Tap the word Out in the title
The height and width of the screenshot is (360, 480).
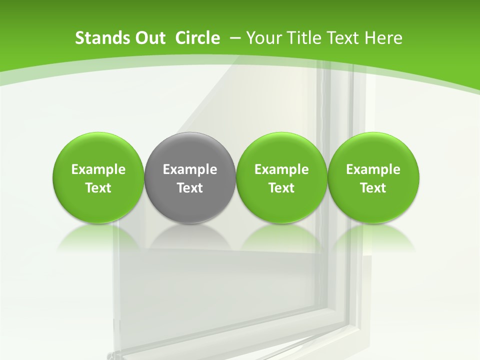pos(149,38)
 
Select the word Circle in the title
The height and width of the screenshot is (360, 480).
pos(197,38)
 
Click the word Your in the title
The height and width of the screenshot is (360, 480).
pos(263,38)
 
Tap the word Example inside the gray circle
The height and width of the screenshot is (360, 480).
pos(190,169)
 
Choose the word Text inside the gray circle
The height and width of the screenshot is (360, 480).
pos(190,188)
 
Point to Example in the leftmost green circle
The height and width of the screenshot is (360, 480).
pos(98,169)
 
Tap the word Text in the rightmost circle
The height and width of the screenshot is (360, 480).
pos(373,188)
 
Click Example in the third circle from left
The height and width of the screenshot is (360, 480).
pos(281,169)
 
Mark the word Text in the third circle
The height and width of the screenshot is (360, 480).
pos(281,188)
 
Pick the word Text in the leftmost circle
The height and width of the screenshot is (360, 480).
pos(98,188)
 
